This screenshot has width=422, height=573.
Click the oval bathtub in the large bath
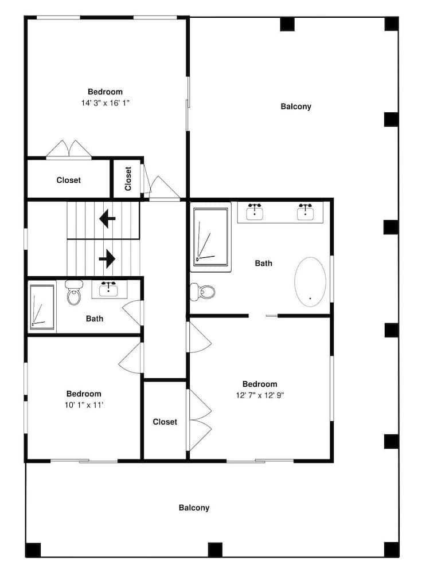click(x=310, y=282)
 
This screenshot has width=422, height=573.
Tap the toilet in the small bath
click(x=73, y=292)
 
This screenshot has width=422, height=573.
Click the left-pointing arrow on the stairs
click(x=107, y=219)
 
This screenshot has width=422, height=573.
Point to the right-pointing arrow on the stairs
click(x=107, y=259)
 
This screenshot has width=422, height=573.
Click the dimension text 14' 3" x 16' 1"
click(x=106, y=103)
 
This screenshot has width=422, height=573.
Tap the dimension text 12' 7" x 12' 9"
click(x=260, y=395)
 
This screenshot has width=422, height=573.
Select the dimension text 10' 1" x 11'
click(x=84, y=405)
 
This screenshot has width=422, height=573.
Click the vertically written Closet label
click(x=128, y=179)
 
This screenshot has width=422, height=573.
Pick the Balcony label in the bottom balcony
click(x=194, y=508)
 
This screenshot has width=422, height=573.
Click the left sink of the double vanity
click(x=255, y=211)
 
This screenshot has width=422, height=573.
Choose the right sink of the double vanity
click(x=306, y=211)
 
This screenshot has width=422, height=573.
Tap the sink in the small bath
click(x=108, y=289)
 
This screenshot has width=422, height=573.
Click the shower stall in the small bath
click(x=42, y=307)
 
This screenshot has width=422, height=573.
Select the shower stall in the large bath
click(x=210, y=237)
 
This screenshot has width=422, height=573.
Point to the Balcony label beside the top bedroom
click(x=296, y=107)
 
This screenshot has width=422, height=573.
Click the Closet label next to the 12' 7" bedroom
click(x=165, y=422)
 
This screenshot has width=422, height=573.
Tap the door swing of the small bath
click(x=132, y=312)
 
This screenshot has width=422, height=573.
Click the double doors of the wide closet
click(x=69, y=149)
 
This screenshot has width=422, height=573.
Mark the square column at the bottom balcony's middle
click(x=215, y=550)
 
